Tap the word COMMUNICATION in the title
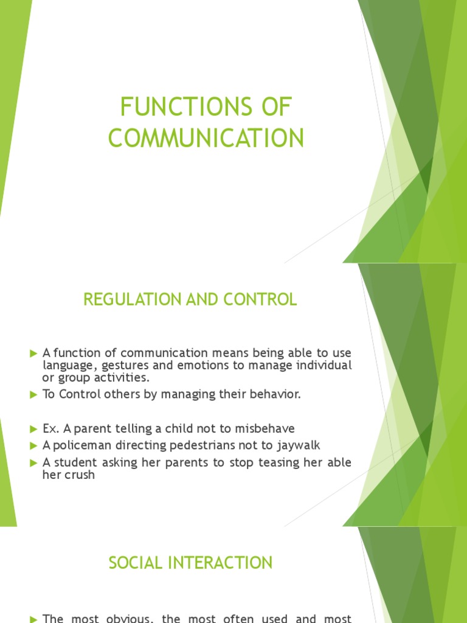pos(206,139)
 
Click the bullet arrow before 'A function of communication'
pos(33,353)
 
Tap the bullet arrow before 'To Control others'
pos(33,395)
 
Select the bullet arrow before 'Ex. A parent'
pos(33,429)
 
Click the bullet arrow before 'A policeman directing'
pos(33,446)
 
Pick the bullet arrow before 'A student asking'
pos(33,463)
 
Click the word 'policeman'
pos(78,445)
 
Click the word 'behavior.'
pos(277,394)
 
